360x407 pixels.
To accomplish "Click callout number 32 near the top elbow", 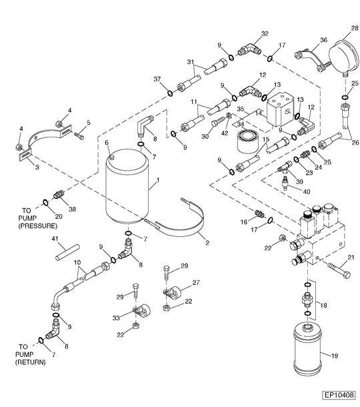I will tap(265, 33).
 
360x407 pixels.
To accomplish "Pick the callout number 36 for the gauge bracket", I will tap(323, 39).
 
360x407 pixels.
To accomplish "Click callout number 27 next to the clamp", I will tap(195, 283).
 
